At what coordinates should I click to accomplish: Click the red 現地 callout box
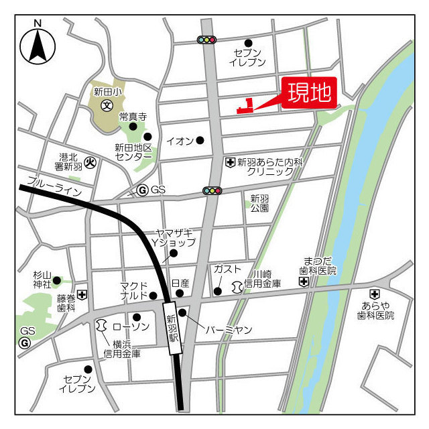(x=310, y=94)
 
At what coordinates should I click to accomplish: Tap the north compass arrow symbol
(x=38, y=46)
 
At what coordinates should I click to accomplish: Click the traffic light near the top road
(x=206, y=40)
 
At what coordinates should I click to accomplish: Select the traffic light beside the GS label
(x=212, y=190)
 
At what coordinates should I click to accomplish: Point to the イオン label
(x=180, y=141)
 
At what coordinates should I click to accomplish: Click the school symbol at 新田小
(x=106, y=105)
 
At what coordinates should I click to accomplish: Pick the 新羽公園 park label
(x=259, y=202)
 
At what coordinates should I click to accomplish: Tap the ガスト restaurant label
(x=227, y=269)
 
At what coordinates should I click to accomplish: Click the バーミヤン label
(x=229, y=330)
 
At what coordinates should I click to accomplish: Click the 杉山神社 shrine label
(x=42, y=280)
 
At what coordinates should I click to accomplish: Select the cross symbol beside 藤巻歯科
(x=82, y=294)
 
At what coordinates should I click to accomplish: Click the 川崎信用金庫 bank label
(x=266, y=279)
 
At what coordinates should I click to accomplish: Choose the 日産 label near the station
(x=180, y=284)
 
